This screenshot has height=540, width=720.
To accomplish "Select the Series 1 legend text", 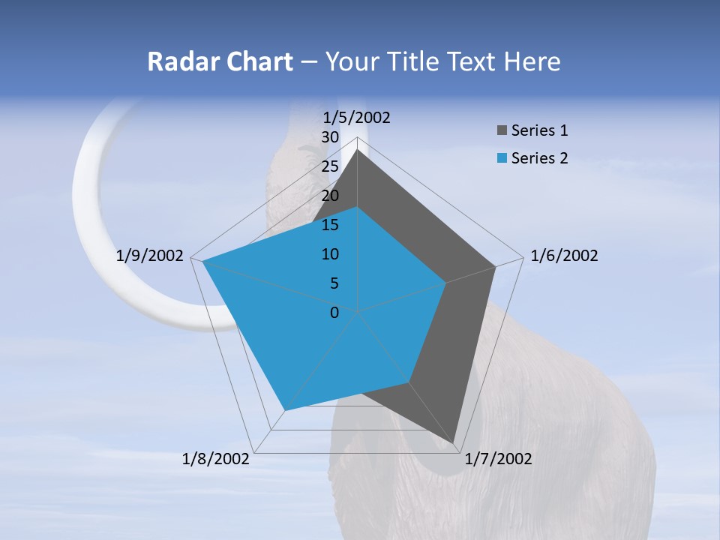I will click(x=539, y=130).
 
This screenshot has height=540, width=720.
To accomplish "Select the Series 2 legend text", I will click(x=539, y=158).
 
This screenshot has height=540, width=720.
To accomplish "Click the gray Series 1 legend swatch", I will click(x=501, y=131).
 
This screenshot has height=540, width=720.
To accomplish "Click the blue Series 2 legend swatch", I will click(x=501, y=158).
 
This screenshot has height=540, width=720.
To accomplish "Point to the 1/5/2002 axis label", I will click(x=357, y=117).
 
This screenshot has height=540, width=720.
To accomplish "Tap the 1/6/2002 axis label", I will click(x=564, y=256).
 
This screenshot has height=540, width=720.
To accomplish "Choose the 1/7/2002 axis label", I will click(x=498, y=459).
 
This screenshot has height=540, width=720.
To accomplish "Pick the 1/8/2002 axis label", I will click(x=216, y=459).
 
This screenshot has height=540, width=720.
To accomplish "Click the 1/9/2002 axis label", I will click(x=150, y=256).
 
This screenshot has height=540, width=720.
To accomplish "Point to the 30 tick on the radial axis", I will click(x=330, y=137).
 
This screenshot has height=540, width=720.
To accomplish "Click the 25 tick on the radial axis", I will click(x=330, y=166).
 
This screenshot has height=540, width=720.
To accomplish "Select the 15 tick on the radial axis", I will click(x=330, y=225).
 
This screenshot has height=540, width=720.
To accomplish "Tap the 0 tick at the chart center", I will click(x=334, y=312).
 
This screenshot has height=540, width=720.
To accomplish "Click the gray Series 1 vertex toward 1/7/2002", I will click(x=454, y=442).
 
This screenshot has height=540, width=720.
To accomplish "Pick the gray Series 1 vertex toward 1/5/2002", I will click(x=357, y=151).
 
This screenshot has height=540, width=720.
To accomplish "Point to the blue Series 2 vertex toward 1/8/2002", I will click(x=285, y=410).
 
